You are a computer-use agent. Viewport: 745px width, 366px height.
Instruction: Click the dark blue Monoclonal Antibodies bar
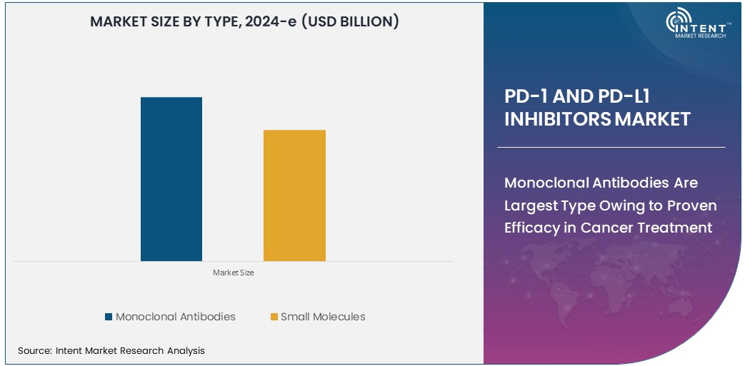click(171, 179)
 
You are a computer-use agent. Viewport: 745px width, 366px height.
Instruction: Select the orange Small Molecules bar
click(294, 195)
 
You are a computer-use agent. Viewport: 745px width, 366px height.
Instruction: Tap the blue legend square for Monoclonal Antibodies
click(109, 317)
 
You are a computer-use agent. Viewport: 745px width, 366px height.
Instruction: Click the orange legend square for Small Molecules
click(274, 317)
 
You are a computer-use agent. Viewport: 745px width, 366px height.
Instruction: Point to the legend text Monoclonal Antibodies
click(175, 317)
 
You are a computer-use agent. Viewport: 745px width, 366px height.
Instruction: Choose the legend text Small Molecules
click(323, 317)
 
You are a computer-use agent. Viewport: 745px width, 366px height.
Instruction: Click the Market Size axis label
click(233, 273)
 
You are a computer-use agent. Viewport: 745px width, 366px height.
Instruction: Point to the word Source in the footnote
click(33, 350)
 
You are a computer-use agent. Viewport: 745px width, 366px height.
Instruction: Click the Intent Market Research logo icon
click(679, 24)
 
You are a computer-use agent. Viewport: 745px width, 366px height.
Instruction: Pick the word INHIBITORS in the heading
click(557, 119)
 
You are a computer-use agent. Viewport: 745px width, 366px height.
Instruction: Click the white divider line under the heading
click(611, 147)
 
